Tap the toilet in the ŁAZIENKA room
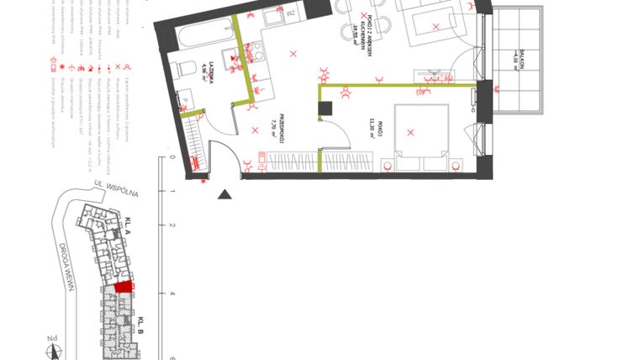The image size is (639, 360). click(x=188, y=67)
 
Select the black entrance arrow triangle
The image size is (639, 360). click(x=224, y=195)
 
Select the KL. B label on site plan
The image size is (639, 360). click(x=142, y=323)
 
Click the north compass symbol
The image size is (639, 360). click(x=52, y=344)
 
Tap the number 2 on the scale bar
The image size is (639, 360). click(x=172, y=225)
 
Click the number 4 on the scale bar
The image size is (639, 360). click(x=172, y=294)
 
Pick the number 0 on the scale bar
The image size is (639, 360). click(x=172, y=157)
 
